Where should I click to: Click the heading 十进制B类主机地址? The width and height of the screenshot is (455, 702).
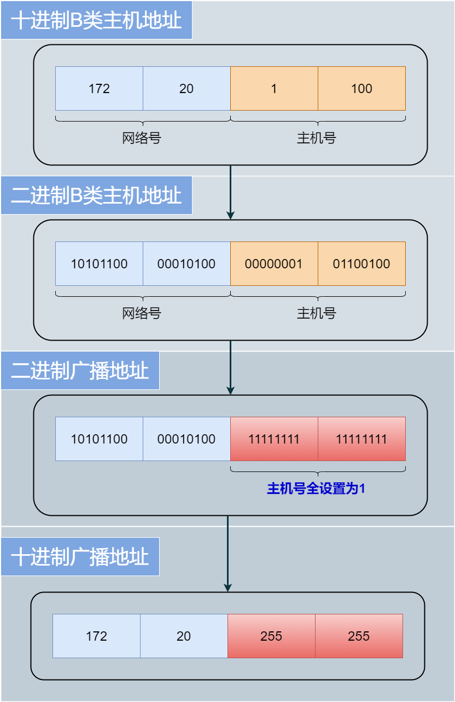point(96,20)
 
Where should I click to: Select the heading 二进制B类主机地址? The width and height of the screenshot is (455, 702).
point(96,195)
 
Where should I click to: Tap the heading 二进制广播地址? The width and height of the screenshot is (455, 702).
point(80,371)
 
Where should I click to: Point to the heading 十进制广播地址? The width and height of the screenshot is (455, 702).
point(80,557)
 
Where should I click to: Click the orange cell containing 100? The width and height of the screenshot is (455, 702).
point(361,89)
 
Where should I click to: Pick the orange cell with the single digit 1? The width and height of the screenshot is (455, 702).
point(274,89)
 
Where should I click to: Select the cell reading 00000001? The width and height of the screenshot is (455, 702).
point(274,264)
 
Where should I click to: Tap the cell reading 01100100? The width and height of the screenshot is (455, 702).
point(361,264)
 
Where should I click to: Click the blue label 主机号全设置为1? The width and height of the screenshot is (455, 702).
point(316,488)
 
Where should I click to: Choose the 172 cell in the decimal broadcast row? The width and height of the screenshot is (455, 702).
point(96,636)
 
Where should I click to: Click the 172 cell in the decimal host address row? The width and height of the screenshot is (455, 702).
point(99,89)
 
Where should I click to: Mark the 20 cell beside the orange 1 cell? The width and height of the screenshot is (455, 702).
point(186,89)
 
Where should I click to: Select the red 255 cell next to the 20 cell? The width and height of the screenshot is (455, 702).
point(271,636)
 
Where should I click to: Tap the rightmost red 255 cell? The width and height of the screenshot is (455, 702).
point(359,636)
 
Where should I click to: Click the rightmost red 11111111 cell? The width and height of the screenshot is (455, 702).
point(361,439)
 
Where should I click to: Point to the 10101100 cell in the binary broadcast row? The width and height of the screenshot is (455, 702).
point(99,439)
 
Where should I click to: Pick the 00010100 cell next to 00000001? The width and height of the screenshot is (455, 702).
point(186,264)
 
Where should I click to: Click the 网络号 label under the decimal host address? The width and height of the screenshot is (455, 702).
point(142,138)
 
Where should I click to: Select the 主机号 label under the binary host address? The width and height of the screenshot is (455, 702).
point(316,313)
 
